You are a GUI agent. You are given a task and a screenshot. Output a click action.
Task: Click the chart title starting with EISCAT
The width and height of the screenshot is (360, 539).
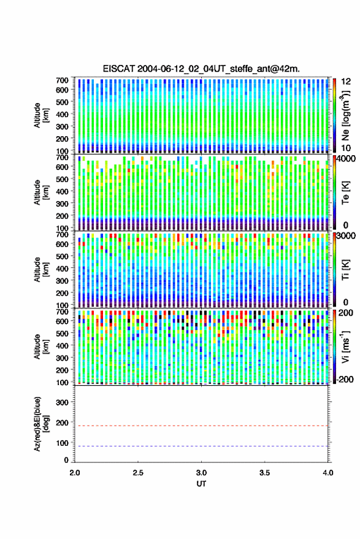click(201, 69)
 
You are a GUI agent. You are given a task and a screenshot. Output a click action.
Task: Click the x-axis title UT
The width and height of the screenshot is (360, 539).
click(201, 484)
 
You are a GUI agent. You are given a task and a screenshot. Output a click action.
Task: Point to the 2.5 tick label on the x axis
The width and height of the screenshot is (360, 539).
click(138, 473)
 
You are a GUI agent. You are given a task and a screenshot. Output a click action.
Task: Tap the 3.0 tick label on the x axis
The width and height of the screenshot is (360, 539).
click(201, 473)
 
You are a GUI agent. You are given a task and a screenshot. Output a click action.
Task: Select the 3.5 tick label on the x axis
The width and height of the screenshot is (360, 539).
click(264, 473)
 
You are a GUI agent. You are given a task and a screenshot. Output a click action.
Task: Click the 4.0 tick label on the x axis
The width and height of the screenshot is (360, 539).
click(327, 473)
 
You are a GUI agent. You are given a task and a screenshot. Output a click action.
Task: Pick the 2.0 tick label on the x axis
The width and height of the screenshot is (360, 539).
click(75, 473)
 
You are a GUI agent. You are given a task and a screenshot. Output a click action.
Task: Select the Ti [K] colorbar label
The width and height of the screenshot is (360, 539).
click(345, 270)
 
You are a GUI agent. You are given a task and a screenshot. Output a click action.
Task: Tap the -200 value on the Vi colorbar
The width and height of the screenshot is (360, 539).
click(343, 380)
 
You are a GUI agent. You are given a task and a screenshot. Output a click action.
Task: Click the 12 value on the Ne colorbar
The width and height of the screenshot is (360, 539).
click(346, 82)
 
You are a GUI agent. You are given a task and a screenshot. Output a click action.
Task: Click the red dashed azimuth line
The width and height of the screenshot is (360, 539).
click(201, 426)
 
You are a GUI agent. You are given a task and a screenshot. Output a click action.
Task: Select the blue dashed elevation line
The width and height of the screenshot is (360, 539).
click(201, 446)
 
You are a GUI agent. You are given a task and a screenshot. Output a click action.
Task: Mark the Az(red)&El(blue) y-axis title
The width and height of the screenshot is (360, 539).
click(41, 424)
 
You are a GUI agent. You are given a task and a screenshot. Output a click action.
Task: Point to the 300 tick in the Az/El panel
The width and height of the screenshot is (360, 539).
click(62, 402)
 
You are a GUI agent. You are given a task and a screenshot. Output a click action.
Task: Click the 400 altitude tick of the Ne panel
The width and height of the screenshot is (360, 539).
click(62, 115)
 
